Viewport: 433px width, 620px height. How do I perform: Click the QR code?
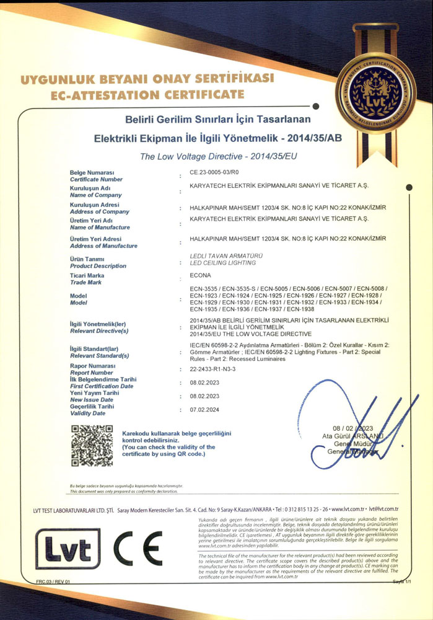pos(92,445)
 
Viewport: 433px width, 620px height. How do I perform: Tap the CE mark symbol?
pos(138,546)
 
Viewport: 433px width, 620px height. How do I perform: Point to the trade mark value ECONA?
pos(201,275)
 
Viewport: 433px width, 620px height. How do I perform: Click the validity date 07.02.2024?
pos(204,410)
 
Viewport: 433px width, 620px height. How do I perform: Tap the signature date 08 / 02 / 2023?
pos(352,429)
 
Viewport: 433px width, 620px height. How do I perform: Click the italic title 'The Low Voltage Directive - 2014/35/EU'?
pos(219,157)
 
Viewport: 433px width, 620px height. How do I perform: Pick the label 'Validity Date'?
pos(87,413)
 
